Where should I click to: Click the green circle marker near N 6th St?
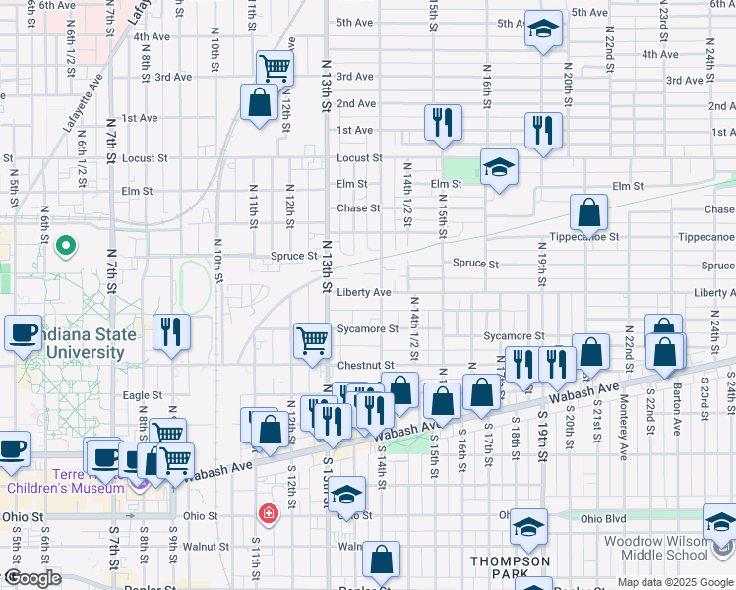[66, 244]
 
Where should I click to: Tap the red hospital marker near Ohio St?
[267, 513]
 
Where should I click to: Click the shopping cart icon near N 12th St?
[275, 68]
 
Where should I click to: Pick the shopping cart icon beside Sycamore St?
[312, 340]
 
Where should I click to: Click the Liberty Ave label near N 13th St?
[364, 292]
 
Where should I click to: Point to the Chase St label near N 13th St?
[358, 208]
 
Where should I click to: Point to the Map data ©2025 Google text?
[675, 583]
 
